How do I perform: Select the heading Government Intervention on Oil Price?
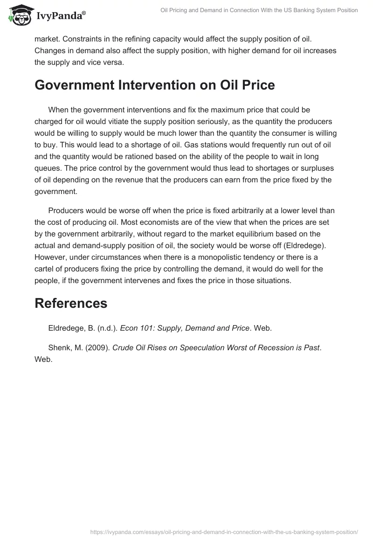click(154, 85)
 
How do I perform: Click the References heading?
click(71, 303)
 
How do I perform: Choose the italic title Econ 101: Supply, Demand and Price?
click(185, 328)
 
